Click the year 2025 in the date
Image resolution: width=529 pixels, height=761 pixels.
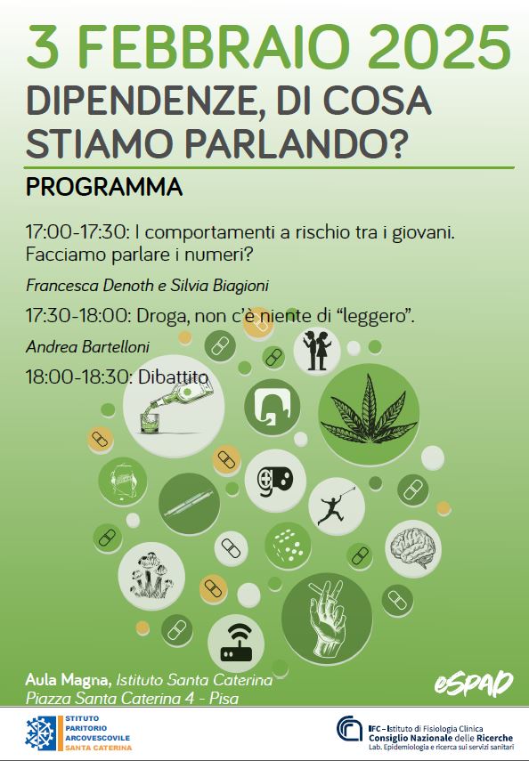click(439, 47)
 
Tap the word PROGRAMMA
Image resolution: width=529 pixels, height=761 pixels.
click(104, 187)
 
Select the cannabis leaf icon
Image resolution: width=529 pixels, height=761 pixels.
click(369, 411)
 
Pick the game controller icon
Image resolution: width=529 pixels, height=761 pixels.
click(275, 480)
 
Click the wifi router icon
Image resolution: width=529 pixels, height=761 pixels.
click(237, 643)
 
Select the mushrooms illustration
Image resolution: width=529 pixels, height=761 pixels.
click(151, 575)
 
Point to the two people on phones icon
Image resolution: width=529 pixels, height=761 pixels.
click(317, 351)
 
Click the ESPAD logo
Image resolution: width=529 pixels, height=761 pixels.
click(474, 684)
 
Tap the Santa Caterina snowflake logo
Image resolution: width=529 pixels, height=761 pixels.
click(40, 733)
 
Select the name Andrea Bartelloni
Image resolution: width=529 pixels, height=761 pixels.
click(87, 347)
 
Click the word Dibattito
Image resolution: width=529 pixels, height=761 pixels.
click(173, 376)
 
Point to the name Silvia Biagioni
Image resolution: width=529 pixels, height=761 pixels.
click(219, 285)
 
